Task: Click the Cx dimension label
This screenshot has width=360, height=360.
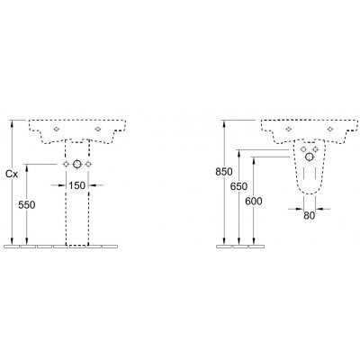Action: (12, 174)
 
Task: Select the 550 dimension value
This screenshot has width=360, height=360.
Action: (27, 205)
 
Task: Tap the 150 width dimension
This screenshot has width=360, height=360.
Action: (77, 185)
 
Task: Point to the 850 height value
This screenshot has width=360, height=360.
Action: (224, 172)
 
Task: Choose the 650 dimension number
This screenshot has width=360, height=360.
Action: (238, 186)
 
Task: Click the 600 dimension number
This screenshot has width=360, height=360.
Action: (254, 201)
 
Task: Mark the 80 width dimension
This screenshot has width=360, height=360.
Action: (310, 215)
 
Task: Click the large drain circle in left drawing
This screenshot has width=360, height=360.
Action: (77, 164)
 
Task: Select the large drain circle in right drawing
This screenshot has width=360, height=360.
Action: (310, 157)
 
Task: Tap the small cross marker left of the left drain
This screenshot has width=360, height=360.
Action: (66, 164)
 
